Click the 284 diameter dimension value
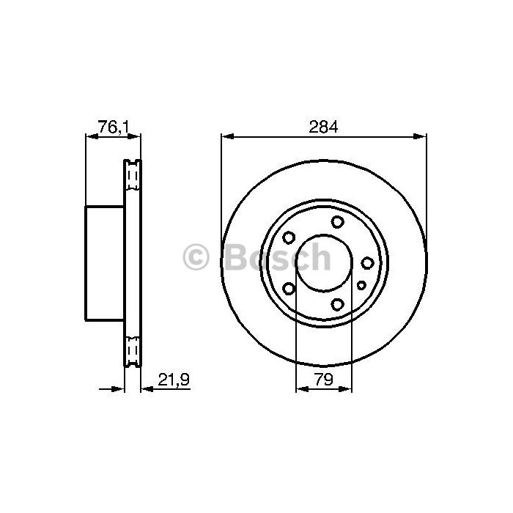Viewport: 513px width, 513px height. (x=323, y=127)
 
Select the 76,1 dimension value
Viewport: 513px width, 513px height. (x=114, y=127)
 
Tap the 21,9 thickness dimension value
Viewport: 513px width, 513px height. (x=174, y=380)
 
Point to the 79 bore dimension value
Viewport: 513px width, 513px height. (x=323, y=379)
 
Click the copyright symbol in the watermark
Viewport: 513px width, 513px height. (x=196, y=256)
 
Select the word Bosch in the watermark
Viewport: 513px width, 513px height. (x=278, y=256)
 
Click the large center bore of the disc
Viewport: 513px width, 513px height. (x=324, y=262)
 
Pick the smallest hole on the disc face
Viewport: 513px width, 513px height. (x=361, y=286)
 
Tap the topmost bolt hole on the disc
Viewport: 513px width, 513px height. (x=337, y=222)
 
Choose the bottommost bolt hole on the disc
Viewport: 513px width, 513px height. (x=337, y=304)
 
